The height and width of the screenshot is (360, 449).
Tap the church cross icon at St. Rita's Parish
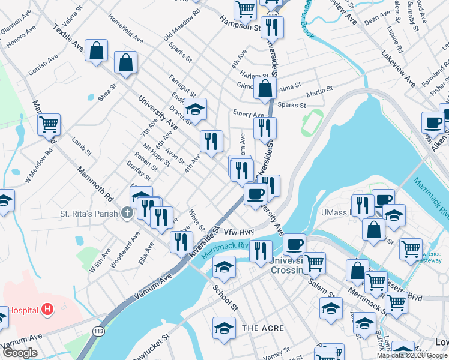pyautogui.click(x=127, y=213)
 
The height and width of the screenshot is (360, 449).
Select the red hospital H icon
pyautogui.click(x=47, y=310)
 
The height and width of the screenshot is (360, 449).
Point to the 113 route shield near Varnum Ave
pyautogui.click(x=98, y=331)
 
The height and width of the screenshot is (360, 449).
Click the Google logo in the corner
pyautogui.click(x=20, y=353)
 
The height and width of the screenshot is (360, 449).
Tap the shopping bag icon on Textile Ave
pyautogui.click(x=96, y=52)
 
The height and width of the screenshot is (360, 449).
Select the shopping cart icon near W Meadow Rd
pyautogui.click(x=49, y=125)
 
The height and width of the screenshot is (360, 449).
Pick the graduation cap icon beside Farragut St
pyautogui.click(x=195, y=110)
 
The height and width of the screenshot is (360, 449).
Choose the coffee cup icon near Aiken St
pyautogui.click(x=433, y=123)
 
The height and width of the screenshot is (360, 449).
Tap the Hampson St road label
pyautogui.click(x=240, y=25)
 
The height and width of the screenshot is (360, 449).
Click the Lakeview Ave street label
pyautogui.click(x=398, y=67)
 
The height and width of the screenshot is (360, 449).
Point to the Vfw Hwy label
pyautogui.click(x=240, y=232)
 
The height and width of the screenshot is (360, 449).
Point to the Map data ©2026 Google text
pyautogui.click(x=412, y=355)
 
